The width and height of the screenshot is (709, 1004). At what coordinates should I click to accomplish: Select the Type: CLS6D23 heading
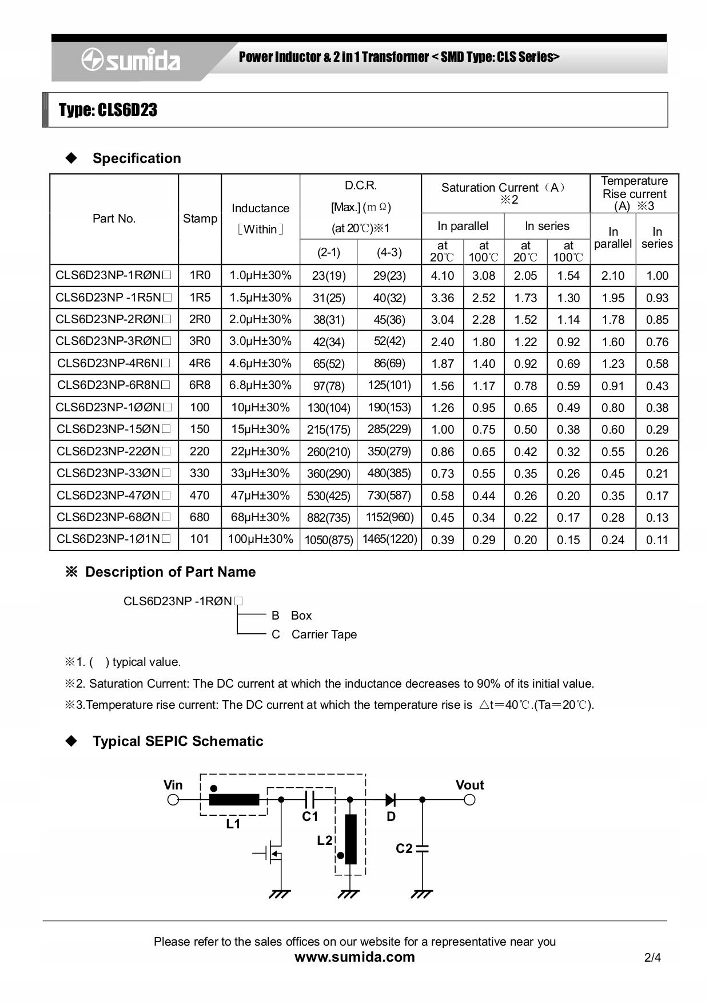(x=108, y=110)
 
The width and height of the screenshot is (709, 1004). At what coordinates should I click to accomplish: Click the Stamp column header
(x=200, y=219)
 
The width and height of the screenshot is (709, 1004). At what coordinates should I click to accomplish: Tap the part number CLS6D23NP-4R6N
(x=114, y=363)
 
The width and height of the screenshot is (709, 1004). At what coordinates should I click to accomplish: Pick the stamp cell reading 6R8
(x=200, y=385)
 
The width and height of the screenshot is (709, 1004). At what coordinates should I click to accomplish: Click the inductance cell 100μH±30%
(x=260, y=539)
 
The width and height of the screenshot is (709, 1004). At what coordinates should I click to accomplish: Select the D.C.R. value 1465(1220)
(x=389, y=539)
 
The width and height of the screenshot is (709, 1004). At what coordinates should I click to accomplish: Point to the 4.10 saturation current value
(x=442, y=276)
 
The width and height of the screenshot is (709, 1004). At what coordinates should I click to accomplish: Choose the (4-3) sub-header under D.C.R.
(x=389, y=252)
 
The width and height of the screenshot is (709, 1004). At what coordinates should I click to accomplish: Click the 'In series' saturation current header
(x=547, y=226)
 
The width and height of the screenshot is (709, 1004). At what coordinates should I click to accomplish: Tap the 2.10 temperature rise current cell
(x=612, y=276)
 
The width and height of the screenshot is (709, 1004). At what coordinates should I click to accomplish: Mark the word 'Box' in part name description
(x=301, y=616)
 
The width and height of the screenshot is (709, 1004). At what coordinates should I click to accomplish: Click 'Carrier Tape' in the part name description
(x=324, y=634)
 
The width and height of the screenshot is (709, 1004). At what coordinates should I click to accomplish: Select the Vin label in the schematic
(x=173, y=785)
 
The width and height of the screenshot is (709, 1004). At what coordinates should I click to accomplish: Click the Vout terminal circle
(x=469, y=800)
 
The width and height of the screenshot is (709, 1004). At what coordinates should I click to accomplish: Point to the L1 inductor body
(x=234, y=800)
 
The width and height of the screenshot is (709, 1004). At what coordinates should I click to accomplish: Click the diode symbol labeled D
(x=391, y=800)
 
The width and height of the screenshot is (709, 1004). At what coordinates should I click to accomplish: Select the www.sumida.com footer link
(x=354, y=957)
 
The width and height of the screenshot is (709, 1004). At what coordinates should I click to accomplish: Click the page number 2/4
(x=652, y=957)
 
